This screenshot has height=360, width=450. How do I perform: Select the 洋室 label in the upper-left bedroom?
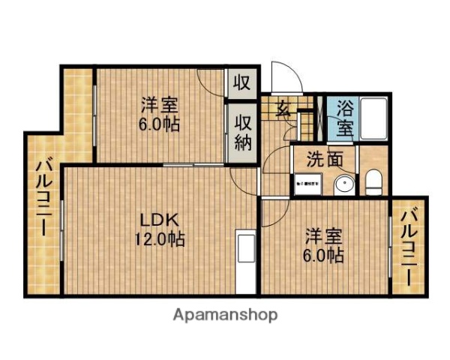pyautogui.click(x=158, y=105)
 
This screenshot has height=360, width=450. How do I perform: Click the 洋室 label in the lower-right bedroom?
pyautogui.click(x=324, y=237)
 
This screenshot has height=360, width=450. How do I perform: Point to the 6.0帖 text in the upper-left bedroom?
pyautogui.click(x=158, y=124)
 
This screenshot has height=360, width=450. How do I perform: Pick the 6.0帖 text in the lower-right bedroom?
pyautogui.click(x=324, y=256)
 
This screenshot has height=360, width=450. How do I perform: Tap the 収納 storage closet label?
pyautogui.click(x=243, y=133)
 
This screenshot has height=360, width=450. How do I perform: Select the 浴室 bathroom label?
pyautogui.click(x=346, y=117)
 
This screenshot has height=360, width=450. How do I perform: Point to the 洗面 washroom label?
pyautogui.click(x=324, y=160)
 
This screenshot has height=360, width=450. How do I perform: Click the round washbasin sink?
pyautogui.click(x=345, y=183)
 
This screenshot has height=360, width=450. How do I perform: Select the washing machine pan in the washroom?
pyautogui.click(x=307, y=182)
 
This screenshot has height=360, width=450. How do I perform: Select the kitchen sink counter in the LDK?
pyautogui.click(x=245, y=256)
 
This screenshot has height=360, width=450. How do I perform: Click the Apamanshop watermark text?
pyautogui.click(x=225, y=315)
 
